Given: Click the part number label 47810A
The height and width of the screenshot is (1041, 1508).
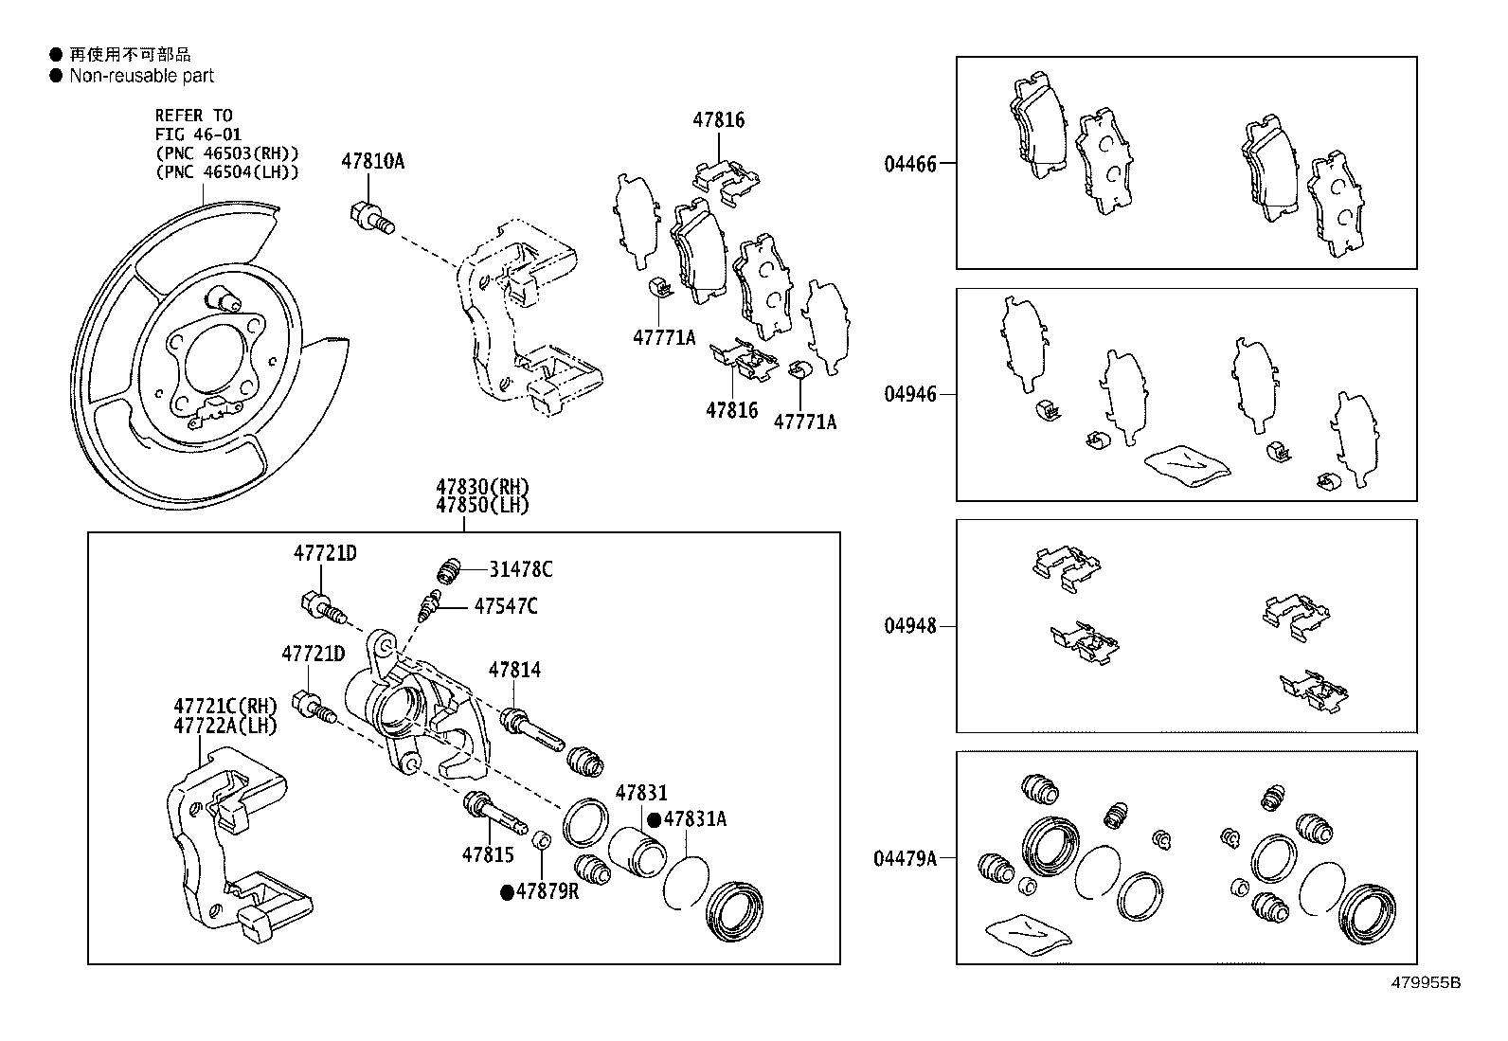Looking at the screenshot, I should pyautogui.click(x=372, y=162).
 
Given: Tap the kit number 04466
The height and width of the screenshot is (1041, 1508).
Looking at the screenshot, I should pyautogui.click(x=909, y=164).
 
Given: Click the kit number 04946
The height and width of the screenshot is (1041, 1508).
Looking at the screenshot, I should pyautogui.click(x=909, y=394).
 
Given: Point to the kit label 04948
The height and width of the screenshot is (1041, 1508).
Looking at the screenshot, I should pyautogui.click(x=909, y=626).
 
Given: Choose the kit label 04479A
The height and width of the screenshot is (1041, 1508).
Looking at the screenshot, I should pyautogui.click(x=904, y=858).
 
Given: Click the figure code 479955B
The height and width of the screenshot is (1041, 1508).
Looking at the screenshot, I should pyautogui.click(x=1425, y=983).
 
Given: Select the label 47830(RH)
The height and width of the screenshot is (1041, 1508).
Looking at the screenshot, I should pyautogui.click(x=482, y=487).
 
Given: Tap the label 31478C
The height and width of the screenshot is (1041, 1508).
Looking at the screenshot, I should pyautogui.click(x=520, y=569).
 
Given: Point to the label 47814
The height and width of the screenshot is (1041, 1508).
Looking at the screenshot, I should pyautogui.click(x=514, y=671).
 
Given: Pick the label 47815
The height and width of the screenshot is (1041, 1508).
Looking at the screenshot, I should pyautogui.click(x=488, y=854).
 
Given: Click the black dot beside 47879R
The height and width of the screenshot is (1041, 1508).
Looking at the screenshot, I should pyautogui.click(x=507, y=891).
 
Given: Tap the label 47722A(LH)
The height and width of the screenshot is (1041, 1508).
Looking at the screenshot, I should pyautogui.click(x=224, y=726).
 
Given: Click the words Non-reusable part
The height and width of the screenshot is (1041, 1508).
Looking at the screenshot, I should pyautogui.click(x=142, y=76).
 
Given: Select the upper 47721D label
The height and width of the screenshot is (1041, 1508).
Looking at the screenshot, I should pyautogui.click(x=324, y=552).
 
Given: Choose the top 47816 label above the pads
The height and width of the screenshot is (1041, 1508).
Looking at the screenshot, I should pyautogui.click(x=718, y=120).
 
